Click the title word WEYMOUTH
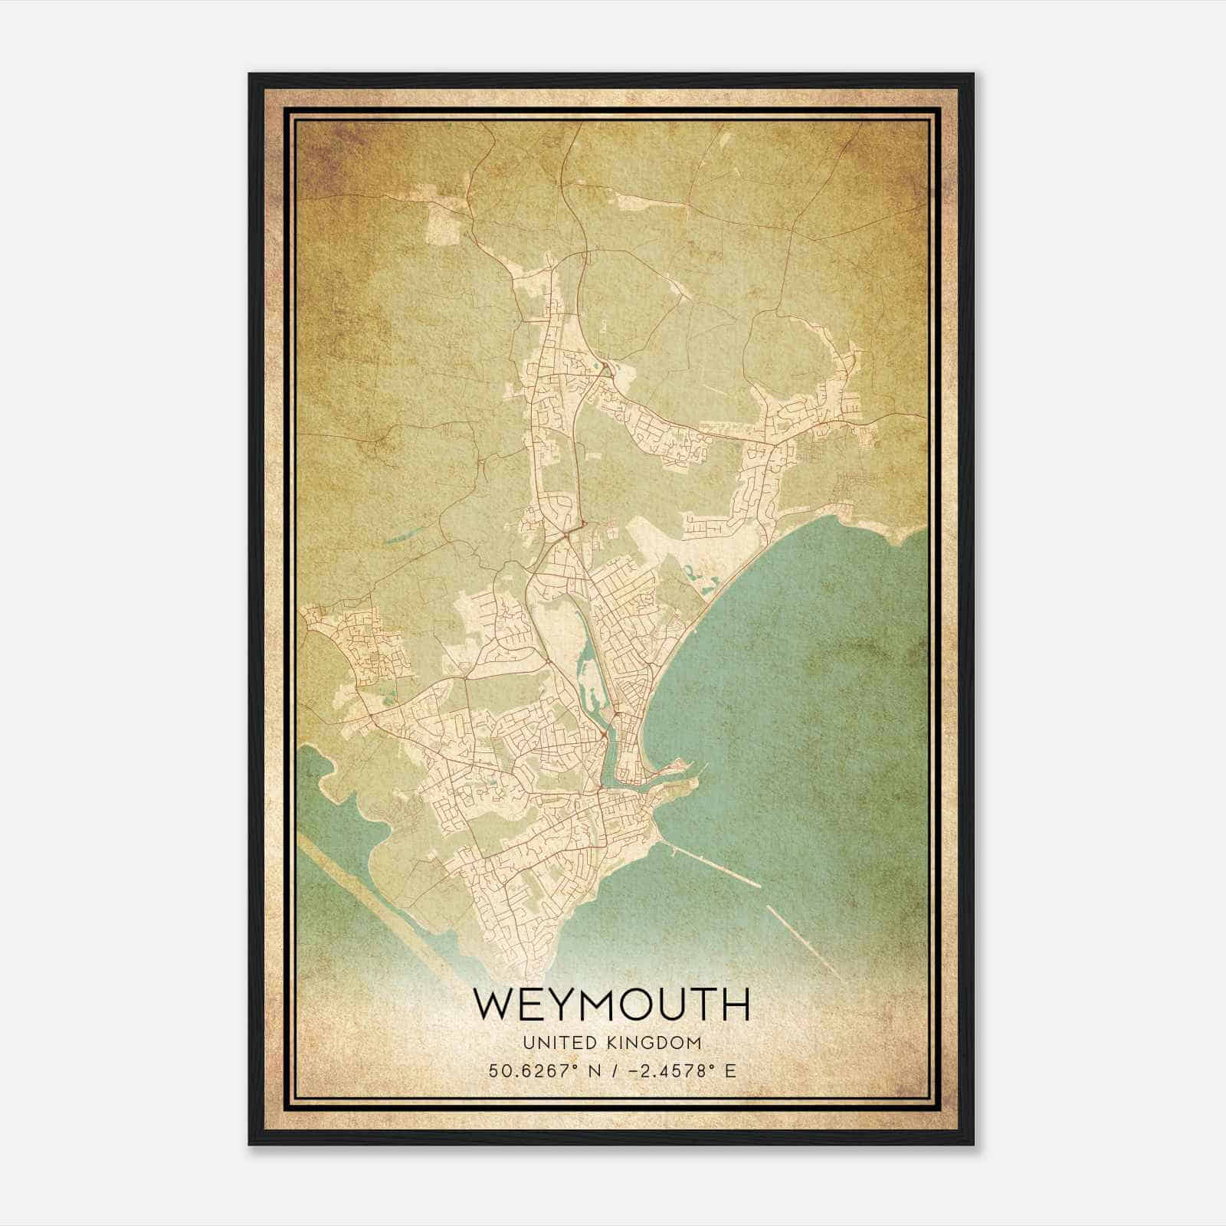(611, 1005)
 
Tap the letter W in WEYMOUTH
(493, 1005)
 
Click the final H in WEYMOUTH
(733, 1005)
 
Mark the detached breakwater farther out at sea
(805, 942)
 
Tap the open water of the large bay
(805, 690)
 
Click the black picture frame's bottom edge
(611, 1143)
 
